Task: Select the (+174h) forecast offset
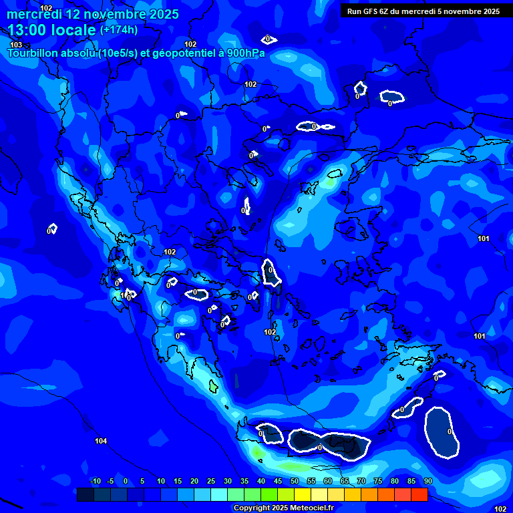click(119, 29)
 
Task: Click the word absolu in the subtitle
click(79, 53)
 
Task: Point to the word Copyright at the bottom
click(252, 508)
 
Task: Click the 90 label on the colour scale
click(427, 482)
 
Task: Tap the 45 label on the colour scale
click(278, 482)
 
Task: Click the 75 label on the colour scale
click(378, 482)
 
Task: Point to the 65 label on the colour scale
click(345, 482)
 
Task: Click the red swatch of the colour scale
click(419, 494)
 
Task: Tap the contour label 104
click(101, 441)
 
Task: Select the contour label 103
click(16, 45)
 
